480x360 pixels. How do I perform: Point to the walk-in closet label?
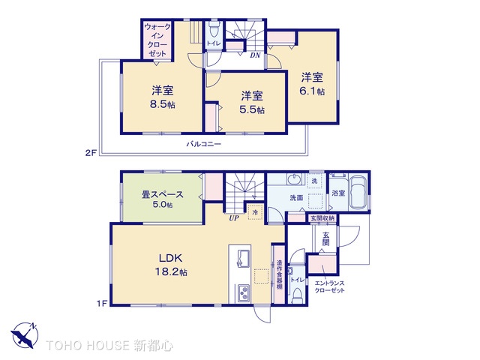pos(158,41)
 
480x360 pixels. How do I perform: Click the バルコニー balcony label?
pos(203,143)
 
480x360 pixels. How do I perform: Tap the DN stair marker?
pos(256,55)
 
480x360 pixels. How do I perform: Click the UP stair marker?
pos(235,220)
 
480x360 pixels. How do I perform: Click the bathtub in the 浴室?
pos(356,194)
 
